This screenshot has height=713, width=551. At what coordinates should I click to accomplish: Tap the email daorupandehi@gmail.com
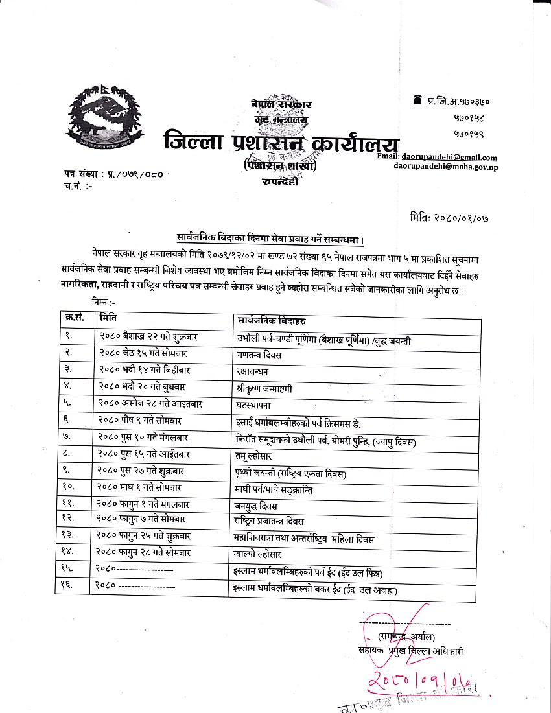(x=458, y=157)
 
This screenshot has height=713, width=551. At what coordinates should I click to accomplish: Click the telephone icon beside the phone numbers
(x=417, y=100)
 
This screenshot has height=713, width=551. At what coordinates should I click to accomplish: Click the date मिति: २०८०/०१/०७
(x=449, y=218)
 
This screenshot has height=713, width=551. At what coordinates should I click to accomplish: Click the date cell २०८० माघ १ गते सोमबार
(x=140, y=487)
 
